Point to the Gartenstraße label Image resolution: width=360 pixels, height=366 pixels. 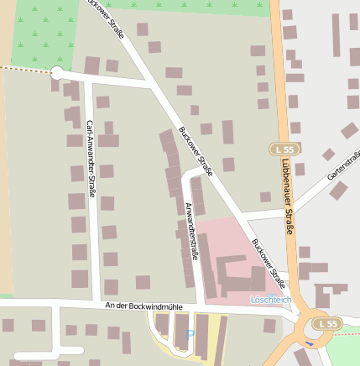(x=343, y=165)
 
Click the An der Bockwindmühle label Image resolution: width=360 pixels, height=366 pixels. (x=143, y=306)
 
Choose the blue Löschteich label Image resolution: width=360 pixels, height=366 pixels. (x=271, y=300)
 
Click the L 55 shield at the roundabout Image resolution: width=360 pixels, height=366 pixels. (x=327, y=323)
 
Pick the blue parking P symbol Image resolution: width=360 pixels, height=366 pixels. (x=190, y=335)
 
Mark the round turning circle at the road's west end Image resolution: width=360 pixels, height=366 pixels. (x=57, y=73)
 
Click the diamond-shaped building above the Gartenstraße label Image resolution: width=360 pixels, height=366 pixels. (x=328, y=154)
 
